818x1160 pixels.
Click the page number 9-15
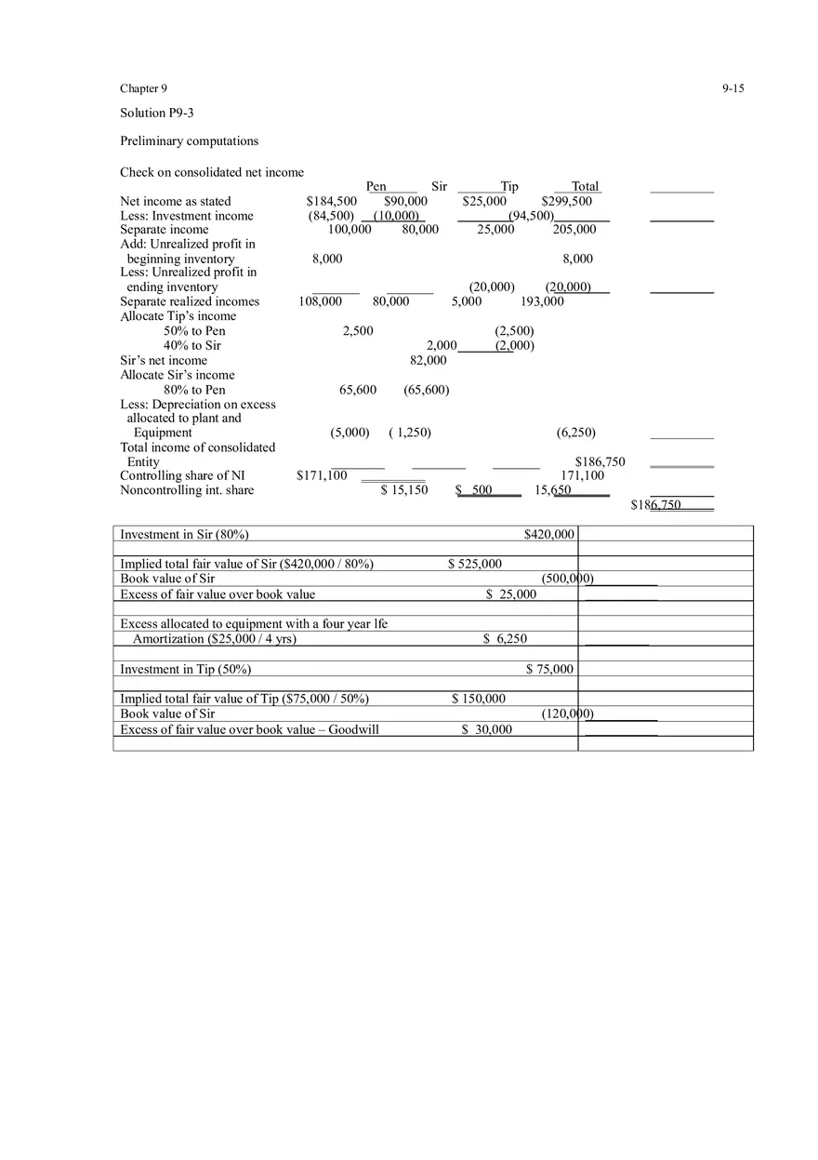[732, 88]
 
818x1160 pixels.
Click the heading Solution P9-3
[157, 113]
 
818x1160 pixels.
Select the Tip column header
[509, 186]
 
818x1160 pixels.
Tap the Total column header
[585, 186]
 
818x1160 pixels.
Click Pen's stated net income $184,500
[332, 201]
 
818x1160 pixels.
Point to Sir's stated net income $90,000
[405, 201]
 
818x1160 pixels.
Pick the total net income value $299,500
[566, 201]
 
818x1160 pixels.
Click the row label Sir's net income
[164, 360]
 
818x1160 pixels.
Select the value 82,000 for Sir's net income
[428, 360]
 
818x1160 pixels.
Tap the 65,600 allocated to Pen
[358, 390]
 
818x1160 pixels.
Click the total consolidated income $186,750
[600, 461]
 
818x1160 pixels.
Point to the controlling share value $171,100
[322, 475]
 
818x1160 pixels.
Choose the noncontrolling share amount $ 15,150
[404, 490]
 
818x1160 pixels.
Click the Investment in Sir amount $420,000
[549, 534]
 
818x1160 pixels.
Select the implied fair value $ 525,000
[474, 564]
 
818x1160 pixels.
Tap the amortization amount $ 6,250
[505, 639]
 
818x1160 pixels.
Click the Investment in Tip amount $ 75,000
[549, 669]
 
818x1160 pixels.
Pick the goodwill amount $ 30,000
[486, 729]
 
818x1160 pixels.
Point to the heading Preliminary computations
[189, 140]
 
